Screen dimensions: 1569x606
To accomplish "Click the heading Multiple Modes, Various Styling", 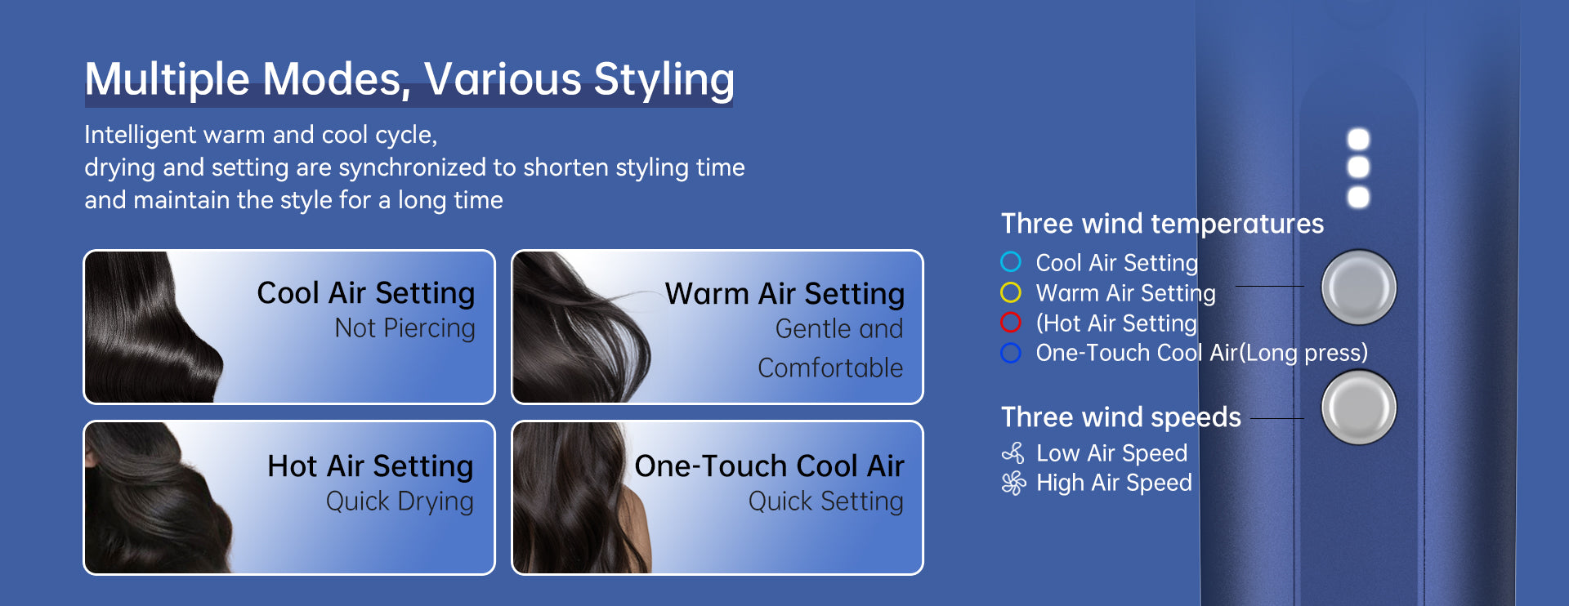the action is point(409,80).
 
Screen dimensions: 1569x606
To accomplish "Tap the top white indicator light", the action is point(1358,139).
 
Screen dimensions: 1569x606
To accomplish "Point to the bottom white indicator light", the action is point(1358,197).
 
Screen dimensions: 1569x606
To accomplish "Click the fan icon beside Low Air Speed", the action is point(1013,452).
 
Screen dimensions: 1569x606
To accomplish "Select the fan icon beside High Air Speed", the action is point(1013,483).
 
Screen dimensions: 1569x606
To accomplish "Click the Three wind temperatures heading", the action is point(1162,224).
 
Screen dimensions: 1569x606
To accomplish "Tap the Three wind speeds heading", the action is point(1121,417).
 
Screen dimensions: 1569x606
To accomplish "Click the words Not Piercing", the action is point(405,328).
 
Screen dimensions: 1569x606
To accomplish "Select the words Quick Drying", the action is point(400,501).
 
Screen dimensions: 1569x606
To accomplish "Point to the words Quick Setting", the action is point(826,501).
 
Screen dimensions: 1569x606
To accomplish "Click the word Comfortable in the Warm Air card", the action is point(830,368).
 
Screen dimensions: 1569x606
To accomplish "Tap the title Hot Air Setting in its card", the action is point(370,466).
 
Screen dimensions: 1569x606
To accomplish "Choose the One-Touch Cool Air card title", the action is point(769,466).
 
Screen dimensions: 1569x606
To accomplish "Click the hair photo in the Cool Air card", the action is point(151,327).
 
